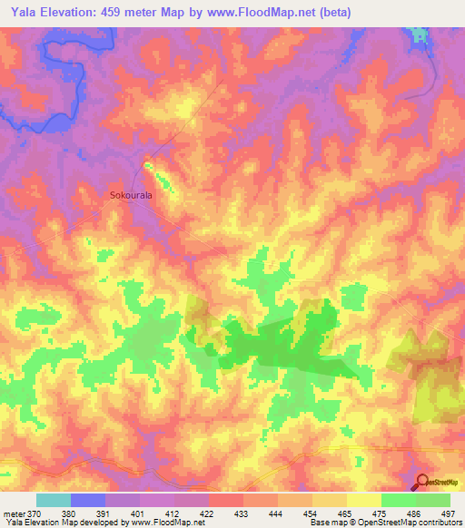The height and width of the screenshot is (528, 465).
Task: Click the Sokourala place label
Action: click(x=130, y=194)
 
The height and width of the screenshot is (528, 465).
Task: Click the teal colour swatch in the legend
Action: click(x=54, y=500)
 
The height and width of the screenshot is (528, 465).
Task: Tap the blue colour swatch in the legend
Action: click(x=88, y=500)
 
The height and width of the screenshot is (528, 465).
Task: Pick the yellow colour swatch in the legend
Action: click(x=363, y=500)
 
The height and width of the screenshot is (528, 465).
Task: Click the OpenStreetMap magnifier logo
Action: click(x=422, y=482)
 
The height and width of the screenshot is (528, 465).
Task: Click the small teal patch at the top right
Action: click(x=419, y=34)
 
